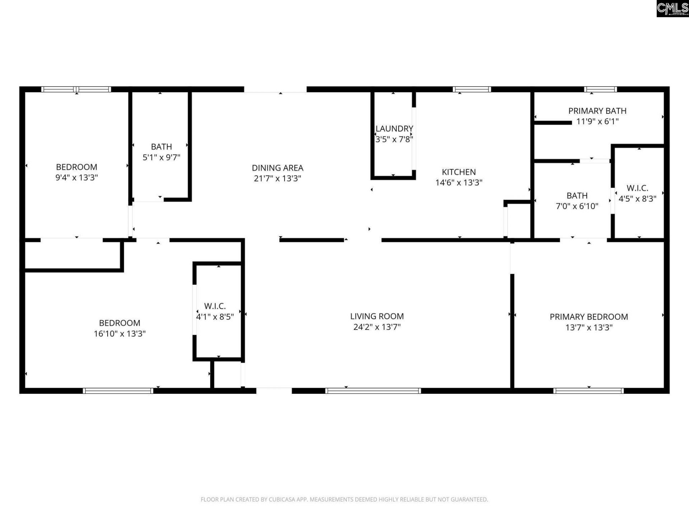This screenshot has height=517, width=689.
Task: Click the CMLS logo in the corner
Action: [672, 9]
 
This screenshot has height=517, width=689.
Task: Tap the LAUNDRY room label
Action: [394, 129]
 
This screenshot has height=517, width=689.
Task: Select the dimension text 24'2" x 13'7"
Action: [377, 327]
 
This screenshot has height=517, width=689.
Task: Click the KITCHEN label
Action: [459, 172]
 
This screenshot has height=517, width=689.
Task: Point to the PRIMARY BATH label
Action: [597, 111]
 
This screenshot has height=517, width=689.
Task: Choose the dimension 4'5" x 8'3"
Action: [637, 199]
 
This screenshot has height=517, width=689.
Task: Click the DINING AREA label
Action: [277, 168]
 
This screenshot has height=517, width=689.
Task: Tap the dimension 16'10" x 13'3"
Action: [119, 334]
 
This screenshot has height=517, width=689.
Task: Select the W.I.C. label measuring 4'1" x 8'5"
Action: [215, 306]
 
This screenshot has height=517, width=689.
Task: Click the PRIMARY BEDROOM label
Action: [589, 317]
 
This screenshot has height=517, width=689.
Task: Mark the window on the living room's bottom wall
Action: [373, 391]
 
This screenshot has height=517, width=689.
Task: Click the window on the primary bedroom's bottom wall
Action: [589, 391]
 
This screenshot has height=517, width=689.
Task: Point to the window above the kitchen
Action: [472, 89]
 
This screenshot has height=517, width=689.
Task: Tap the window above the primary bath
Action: [600, 89]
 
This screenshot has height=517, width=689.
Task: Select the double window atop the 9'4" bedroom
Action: [76, 89]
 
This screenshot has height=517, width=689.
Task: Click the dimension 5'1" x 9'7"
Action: [161, 157]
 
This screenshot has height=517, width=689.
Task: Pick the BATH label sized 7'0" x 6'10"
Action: [577, 196]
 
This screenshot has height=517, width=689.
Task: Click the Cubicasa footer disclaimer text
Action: [344, 499]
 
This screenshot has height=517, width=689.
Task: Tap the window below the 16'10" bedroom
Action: [118, 391]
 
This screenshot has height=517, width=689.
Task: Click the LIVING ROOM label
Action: [377, 316]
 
